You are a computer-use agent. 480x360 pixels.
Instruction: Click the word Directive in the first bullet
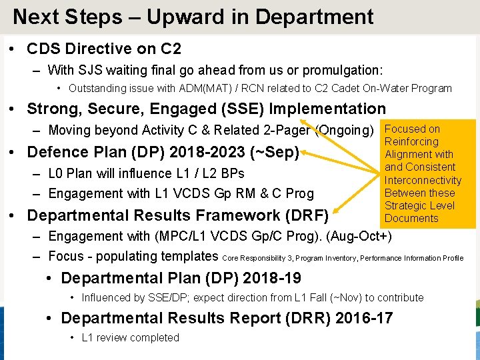pos(103,49)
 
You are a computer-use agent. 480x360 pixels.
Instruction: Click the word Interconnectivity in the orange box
pos(423,180)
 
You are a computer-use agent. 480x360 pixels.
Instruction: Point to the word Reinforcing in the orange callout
pos(411,141)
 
